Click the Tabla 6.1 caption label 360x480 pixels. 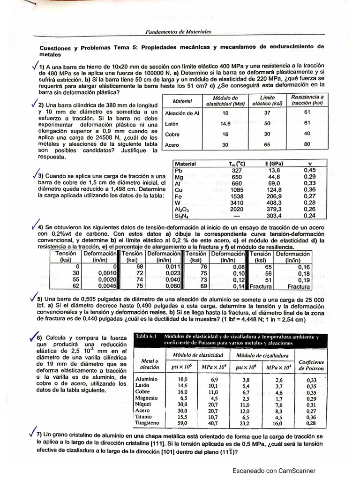pos(146,337)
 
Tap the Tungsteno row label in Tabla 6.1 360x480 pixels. pos(149,422)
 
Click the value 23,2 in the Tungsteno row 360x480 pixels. pos(244,422)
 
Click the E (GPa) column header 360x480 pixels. pos(272,164)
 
